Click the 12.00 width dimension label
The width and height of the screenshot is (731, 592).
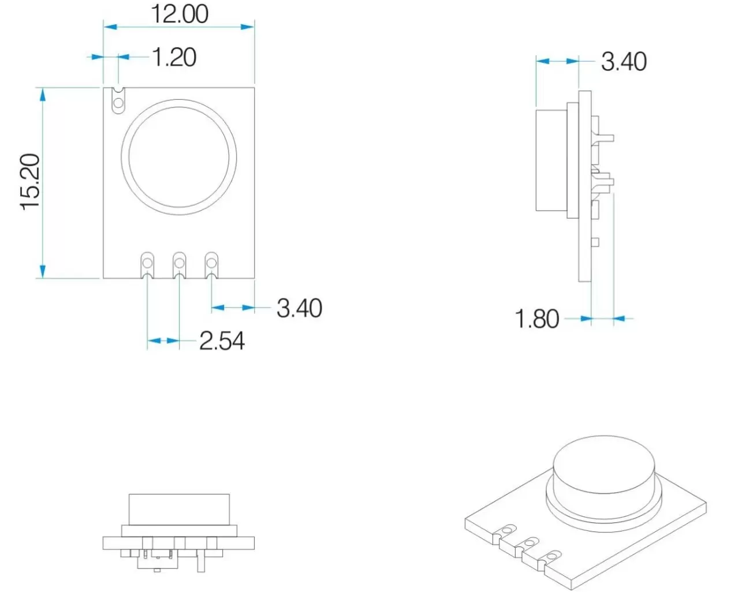[179, 14]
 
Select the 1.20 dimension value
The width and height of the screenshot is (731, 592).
[174, 58]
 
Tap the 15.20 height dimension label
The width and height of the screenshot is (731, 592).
[31, 182]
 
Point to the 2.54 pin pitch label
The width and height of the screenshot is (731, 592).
[222, 341]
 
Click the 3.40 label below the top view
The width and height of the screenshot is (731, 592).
[299, 308]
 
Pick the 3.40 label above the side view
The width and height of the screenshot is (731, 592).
[624, 62]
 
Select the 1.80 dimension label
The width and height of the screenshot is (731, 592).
[536, 319]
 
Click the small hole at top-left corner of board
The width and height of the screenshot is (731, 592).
[118, 103]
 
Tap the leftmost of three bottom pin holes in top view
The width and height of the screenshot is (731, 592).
[148, 264]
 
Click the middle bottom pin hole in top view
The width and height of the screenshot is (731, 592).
[180, 264]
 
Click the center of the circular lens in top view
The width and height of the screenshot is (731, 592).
[179, 157]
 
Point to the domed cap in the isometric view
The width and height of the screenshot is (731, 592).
[604, 466]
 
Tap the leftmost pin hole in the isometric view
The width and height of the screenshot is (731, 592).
[508, 529]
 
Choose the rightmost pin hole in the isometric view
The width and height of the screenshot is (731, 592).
[553, 556]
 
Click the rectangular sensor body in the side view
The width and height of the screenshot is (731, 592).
[551, 160]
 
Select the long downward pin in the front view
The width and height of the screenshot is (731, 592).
[200, 561]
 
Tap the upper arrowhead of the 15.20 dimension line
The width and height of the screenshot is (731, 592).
[42, 93]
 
